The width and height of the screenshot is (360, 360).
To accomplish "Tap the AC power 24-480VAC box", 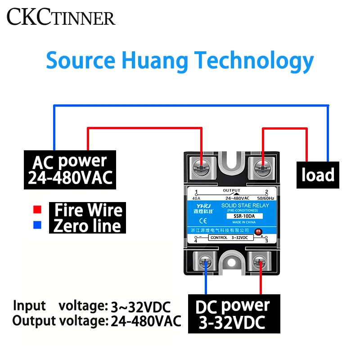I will pyautogui.click(x=70, y=170).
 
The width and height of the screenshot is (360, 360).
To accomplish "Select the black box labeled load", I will pyautogui.click(x=318, y=175).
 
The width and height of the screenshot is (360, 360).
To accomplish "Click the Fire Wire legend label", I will pyautogui.click(x=88, y=210).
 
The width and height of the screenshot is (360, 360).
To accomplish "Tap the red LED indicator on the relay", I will pyautogui.click(x=258, y=232).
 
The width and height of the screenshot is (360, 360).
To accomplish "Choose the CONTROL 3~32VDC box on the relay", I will pyautogui.click(x=231, y=238).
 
